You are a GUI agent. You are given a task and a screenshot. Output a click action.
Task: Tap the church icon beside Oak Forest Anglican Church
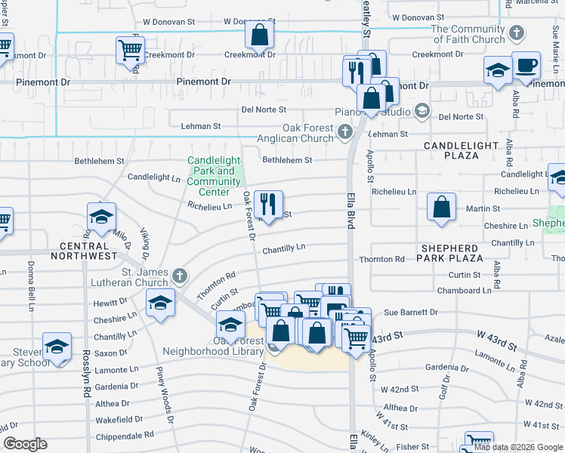click(345, 133)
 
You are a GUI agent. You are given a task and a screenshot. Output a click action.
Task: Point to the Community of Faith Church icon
click(516, 33)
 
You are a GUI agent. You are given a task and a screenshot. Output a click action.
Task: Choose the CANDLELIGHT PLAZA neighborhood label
click(462, 150)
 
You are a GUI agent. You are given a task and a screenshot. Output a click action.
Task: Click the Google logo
click(25, 444)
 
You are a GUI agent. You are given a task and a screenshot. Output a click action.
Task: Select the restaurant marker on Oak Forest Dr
click(267, 205)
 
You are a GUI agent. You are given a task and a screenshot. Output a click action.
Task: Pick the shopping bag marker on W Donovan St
click(259, 35)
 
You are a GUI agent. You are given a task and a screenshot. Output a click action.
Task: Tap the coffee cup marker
click(526, 66)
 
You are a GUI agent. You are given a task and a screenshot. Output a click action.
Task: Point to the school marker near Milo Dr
click(101, 217)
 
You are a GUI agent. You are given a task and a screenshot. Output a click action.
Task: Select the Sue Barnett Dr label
click(411, 312)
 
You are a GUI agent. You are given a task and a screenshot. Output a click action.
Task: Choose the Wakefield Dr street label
click(120, 419)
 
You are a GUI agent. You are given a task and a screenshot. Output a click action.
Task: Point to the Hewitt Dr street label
click(111, 303)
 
